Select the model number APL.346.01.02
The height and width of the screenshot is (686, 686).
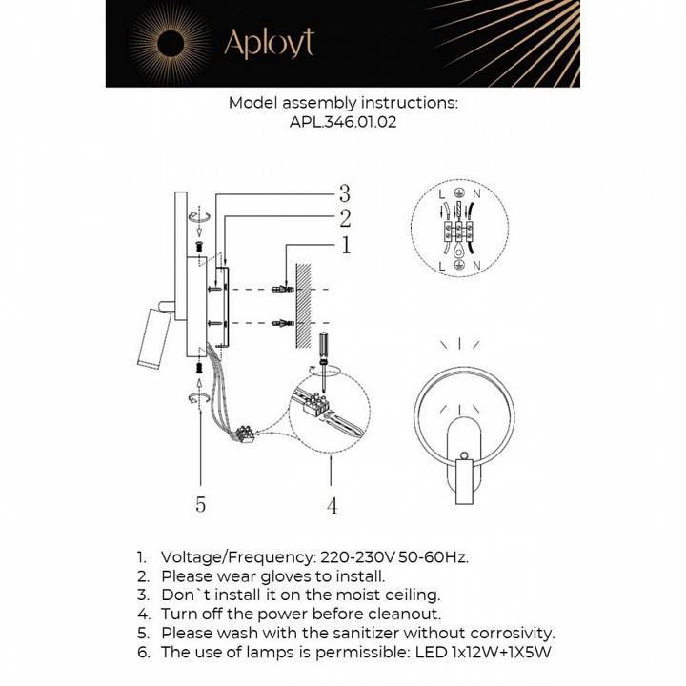[343, 122]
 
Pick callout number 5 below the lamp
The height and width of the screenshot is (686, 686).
[201, 504]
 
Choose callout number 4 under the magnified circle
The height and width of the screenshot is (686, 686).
[332, 506]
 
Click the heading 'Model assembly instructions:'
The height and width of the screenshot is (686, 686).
[343, 103]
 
